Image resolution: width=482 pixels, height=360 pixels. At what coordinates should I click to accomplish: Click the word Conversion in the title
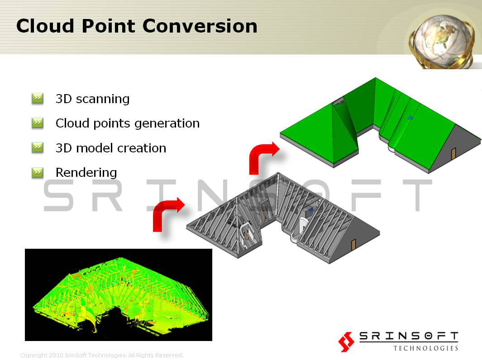200,26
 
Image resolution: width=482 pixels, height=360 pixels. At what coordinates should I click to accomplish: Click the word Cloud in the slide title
45,26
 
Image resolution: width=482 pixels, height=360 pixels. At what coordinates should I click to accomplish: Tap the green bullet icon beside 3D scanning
38,99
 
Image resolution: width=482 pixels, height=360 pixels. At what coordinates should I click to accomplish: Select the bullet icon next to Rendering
38,172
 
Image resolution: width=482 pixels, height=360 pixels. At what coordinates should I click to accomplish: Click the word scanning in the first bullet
103,99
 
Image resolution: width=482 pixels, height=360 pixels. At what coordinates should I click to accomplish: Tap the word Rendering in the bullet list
86,173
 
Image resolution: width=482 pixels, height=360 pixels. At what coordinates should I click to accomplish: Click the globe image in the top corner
441,42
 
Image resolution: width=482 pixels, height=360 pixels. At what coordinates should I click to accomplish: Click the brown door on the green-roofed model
453,154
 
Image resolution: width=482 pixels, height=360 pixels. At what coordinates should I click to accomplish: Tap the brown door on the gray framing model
353,245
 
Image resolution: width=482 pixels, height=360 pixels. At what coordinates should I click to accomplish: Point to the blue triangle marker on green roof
410,117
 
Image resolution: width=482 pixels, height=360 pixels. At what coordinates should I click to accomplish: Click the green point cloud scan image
118,294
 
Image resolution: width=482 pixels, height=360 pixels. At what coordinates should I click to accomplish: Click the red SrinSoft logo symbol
346,341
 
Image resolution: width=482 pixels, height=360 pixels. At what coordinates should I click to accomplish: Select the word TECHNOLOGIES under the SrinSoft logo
426,348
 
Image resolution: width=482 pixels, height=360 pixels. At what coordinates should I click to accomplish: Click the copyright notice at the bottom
102,355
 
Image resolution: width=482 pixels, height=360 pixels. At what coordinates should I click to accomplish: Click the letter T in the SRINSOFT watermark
417,195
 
